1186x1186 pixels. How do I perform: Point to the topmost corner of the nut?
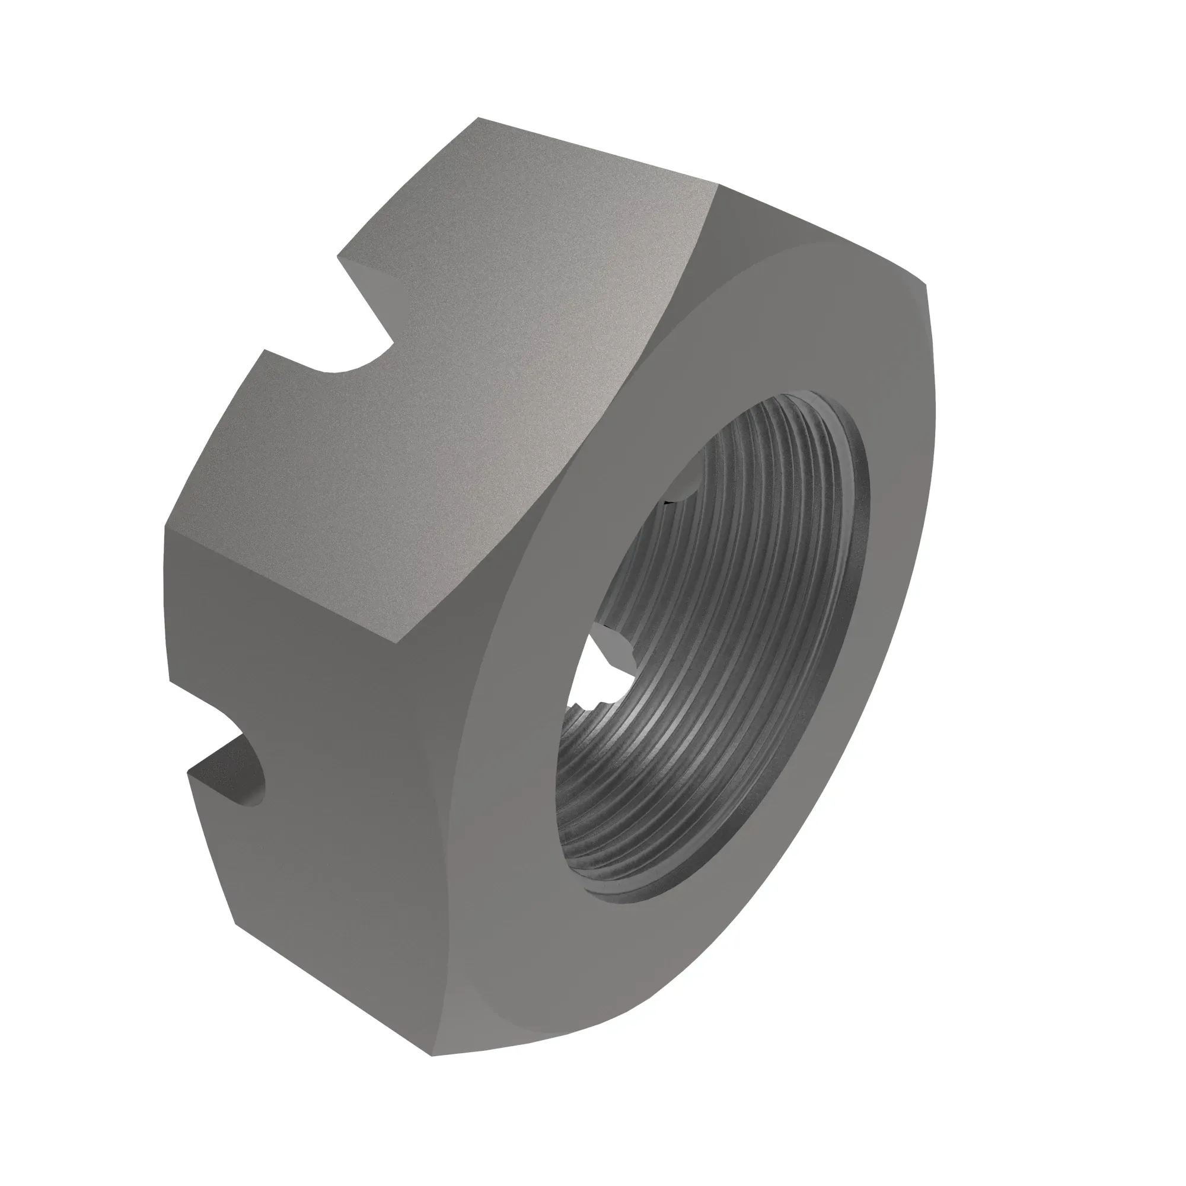click(x=479, y=118)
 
